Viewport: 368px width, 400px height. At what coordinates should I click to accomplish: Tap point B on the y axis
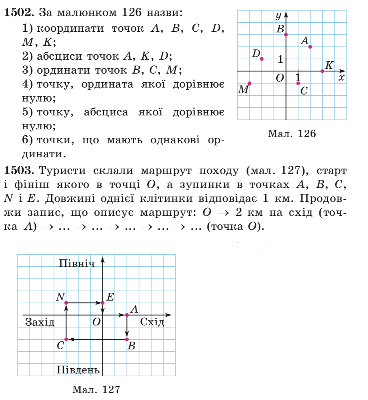coord(286,35)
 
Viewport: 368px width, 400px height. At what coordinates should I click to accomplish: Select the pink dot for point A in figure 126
coord(310,47)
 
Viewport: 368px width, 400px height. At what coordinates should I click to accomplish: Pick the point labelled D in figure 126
coord(262,59)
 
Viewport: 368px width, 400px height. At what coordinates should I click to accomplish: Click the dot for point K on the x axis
coord(322,71)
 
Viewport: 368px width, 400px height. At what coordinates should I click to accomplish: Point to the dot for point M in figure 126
coord(250,83)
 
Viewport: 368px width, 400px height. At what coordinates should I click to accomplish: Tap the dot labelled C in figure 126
coord(298,83)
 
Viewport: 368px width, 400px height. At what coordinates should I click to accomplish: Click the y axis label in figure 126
coord(278,15)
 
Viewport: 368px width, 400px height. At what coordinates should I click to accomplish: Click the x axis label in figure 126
coord(342,77)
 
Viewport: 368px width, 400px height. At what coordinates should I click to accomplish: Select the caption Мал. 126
coord(292,134)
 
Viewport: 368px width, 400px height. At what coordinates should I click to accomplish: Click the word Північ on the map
coord(77,263)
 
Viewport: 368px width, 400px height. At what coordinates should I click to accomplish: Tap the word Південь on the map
coord(78,369)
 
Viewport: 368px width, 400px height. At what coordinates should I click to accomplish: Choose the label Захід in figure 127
coord(40,322)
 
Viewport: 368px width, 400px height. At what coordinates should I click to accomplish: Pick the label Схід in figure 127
coord(152,322)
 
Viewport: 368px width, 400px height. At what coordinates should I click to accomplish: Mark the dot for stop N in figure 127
coord(66,303)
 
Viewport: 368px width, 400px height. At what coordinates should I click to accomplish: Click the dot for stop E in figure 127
coord(102,303)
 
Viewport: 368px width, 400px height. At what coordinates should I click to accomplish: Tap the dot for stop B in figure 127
coord(127,339)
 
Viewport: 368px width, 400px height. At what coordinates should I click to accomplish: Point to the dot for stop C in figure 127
coord(66,339)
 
